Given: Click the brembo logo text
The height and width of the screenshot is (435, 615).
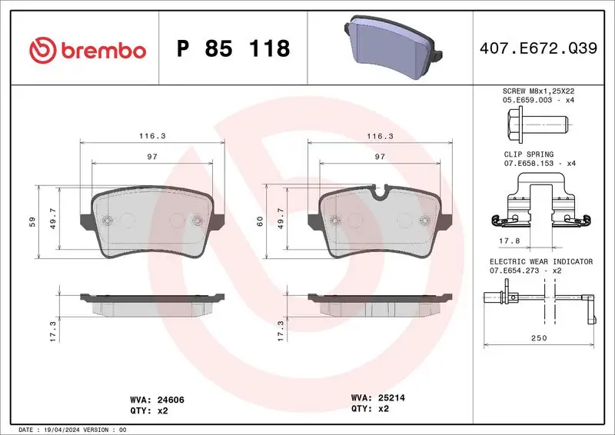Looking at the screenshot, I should click(101, 50).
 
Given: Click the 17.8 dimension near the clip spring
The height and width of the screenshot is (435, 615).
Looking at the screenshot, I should click(505, 240).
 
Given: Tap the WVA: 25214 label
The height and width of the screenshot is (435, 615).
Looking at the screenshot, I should click(377, 399).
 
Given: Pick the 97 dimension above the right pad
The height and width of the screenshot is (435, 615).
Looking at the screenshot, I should click(379, 156).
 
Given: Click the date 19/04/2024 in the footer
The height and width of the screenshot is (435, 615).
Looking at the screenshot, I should click(65, 429).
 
